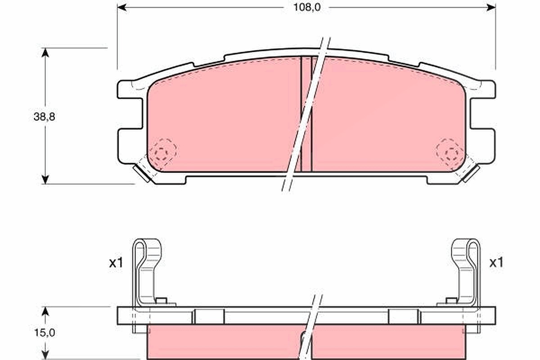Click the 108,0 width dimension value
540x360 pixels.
coord(306,8)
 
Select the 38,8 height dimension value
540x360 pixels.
coord(45,117)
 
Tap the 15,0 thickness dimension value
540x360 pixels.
coord(45,333)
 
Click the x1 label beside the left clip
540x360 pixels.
coord(116,263)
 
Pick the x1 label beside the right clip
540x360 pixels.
coord(496,263)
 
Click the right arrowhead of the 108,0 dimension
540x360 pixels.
coord(491,8)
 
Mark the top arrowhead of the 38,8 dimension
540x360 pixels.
coord(45,53)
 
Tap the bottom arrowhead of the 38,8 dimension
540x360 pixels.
coord(45,180)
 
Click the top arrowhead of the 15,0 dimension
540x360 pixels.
coord(45,311)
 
